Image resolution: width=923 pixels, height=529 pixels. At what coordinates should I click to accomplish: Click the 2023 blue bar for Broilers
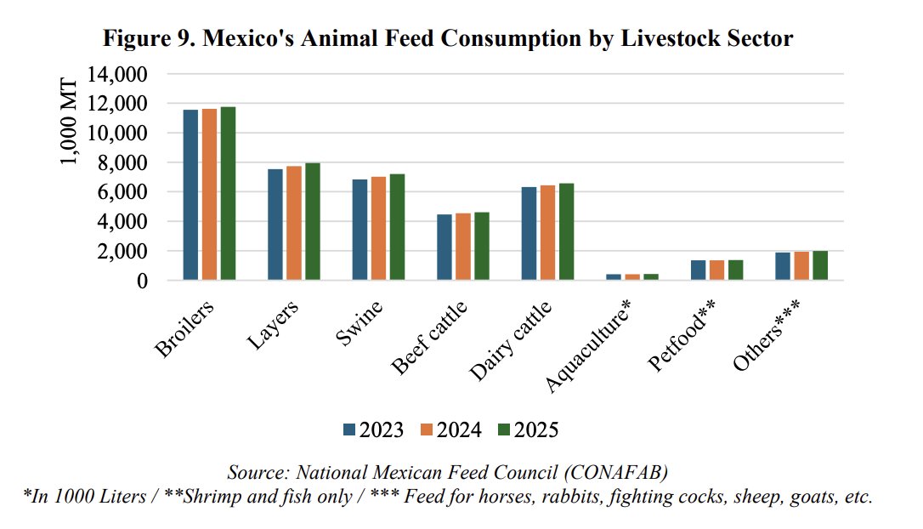[190, 195]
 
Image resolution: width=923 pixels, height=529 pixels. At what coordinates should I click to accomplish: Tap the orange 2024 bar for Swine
[379, 228]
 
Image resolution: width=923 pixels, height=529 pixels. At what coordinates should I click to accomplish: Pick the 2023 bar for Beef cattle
[445, 247]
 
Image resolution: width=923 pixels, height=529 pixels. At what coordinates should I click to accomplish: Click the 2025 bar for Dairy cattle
[567, 231]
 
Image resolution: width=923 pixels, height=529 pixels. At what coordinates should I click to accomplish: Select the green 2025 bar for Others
[821, 265]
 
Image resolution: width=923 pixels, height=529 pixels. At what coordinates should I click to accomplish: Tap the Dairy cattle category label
[511, 340]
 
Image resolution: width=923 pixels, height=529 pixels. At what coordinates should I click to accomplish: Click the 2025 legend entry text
[535, 429]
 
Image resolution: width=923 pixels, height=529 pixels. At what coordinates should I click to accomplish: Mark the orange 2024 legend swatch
[428, 429]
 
